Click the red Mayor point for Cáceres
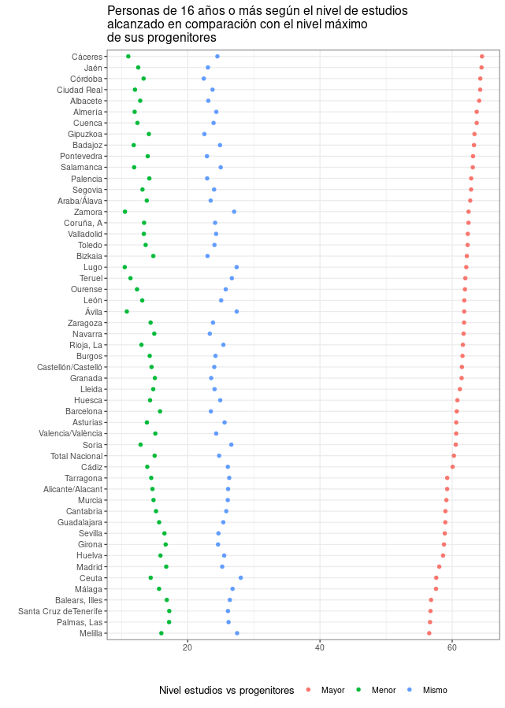pyautogui.click(x=482, y=57)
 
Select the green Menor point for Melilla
pyautogui.click(x=162, y=633)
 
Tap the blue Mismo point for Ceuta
pyautogui.click(x=241, y=578)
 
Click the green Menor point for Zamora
pyautogui.click(x=124, y=212)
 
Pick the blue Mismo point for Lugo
pyautogui.click(x=236, y=267)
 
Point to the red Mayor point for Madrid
pyautogui.click(x=440, y=567)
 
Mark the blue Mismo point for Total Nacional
pyautogui.click(x=219, y=456)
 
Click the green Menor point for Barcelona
pyautogui.click(x=160, y=411)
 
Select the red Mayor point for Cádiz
pyautogui.click(x=453, y=467)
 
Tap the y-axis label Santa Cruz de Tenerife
pyautogui.click(x=60, y=612)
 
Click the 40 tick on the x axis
pyautogui.click(x=320, y=647)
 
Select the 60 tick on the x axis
pyautogui.click(x=452, y=647)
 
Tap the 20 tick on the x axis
pyautogui.click(x=188, y=647)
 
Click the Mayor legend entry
pyautogui.click(x=332, y=691)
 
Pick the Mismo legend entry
pyautogui.click(x=435, y=691)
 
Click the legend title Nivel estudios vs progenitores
pyautogui.click(x=227, y=691)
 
